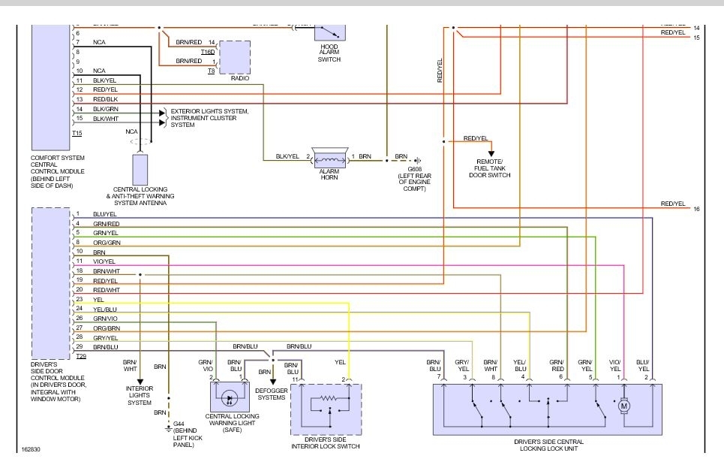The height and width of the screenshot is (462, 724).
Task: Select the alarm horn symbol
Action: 329,158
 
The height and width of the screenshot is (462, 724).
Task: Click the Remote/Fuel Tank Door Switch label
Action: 493,168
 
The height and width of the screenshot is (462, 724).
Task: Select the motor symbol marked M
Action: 623,406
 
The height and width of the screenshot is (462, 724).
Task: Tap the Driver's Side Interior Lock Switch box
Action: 326,409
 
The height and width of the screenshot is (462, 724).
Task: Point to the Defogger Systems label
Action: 271,393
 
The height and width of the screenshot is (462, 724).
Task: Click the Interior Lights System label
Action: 140,395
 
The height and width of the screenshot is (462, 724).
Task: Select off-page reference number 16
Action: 696,209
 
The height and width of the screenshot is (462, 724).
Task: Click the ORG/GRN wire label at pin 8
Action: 107,243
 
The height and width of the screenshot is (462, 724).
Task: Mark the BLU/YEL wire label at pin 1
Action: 105,214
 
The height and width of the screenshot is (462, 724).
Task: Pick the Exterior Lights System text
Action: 209,111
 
